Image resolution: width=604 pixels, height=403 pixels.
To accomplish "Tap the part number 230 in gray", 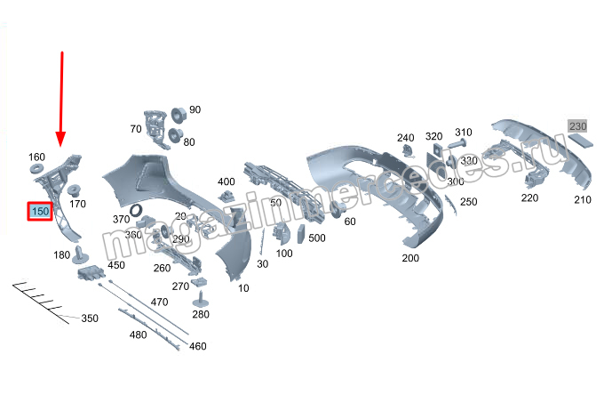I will tap(578, 125).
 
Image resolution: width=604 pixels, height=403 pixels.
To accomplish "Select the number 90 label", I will tap(195, 109).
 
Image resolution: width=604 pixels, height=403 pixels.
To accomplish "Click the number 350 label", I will tap(90, 318).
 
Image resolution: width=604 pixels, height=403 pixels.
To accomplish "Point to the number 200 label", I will tap(409, 258).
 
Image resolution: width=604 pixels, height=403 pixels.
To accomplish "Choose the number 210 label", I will tap(582, 200).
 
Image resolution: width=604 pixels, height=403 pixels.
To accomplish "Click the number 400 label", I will tap(226, 181).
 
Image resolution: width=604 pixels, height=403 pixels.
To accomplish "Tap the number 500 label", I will tap(317, 238).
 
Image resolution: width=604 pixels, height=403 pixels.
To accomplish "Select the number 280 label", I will tap(201, 314).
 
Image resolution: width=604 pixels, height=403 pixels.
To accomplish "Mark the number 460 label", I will tap(197, 346).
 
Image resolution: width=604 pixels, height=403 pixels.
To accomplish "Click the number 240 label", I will tap(405, 137).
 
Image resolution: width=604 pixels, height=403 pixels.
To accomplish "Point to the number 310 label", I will tap(463, 132).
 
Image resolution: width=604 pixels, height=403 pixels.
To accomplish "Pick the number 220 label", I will tap(529, 197).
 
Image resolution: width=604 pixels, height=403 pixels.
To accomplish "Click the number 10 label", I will tap(243, 287).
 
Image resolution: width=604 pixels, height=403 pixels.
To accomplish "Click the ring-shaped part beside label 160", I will tap(37, 169).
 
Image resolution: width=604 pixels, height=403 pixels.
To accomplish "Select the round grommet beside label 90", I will tap(177, 114).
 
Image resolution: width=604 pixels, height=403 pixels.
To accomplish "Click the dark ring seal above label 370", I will tap(138, 211).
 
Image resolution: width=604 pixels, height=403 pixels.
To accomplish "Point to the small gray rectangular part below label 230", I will tap(584, 142).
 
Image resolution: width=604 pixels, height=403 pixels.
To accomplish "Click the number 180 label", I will tap(61, 255).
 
